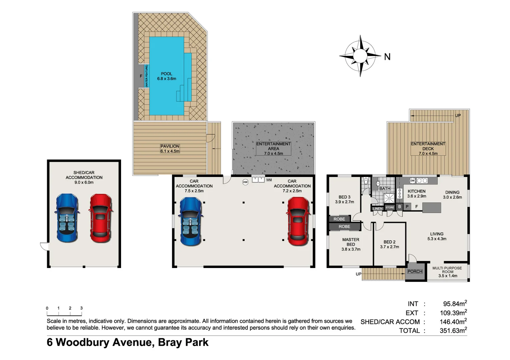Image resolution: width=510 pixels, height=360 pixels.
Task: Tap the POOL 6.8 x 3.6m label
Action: coord(166,76)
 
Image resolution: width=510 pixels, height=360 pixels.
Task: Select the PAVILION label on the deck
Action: coord(170,149)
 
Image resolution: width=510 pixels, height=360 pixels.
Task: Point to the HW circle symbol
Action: coord(245,182)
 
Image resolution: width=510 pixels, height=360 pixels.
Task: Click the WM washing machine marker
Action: coord(269,180)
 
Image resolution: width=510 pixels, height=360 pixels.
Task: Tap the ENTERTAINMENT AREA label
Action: coord(274,149)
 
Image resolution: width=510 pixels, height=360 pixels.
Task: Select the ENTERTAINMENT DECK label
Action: coord(428,149)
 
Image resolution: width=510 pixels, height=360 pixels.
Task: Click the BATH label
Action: coord(385,188)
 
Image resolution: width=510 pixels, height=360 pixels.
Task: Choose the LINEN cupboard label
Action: coord(378,209)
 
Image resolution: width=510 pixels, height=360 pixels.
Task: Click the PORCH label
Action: coord(415,271)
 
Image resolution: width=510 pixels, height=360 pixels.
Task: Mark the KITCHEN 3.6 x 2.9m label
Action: coord(417,194)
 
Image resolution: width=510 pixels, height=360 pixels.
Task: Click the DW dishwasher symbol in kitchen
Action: coord(413,181)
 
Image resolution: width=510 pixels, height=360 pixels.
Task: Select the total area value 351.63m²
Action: coord(453,330)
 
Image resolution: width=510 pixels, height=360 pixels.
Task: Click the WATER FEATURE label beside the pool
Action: coord(146,76)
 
